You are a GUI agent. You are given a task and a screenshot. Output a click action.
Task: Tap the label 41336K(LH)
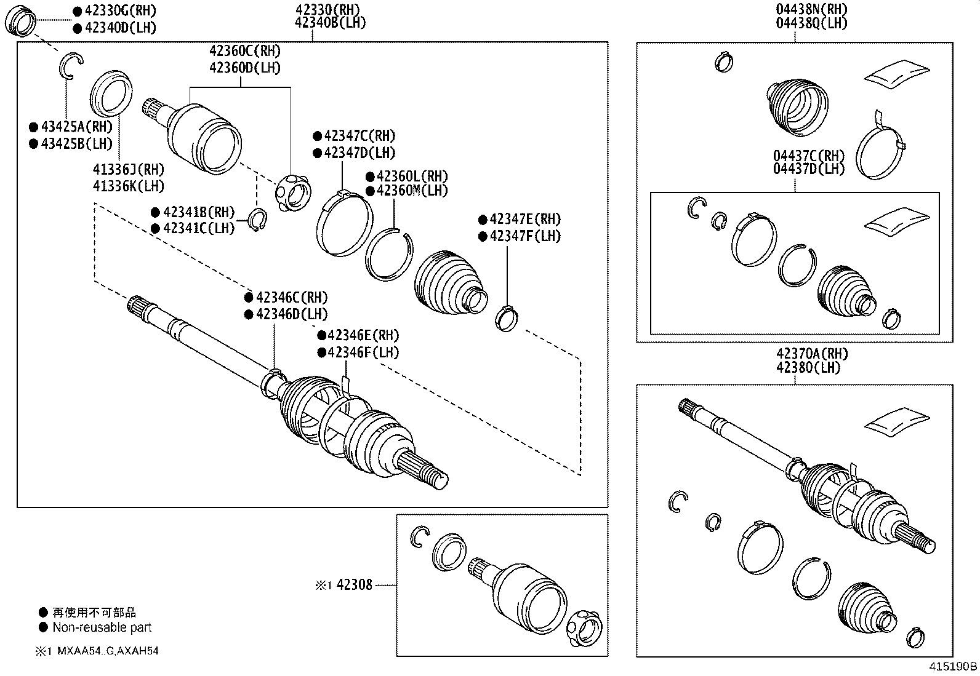pos(128,186)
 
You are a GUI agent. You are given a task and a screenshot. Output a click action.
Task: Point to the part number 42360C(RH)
pos(245,51)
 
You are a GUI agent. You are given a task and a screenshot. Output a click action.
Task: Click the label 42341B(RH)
pos(199,213)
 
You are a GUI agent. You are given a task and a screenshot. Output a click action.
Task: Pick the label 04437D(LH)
pos(809,169)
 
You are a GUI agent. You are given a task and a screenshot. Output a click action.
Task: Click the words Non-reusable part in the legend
pos(102,628)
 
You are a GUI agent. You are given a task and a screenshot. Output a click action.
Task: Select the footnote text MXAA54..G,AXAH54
pos(108,651)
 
